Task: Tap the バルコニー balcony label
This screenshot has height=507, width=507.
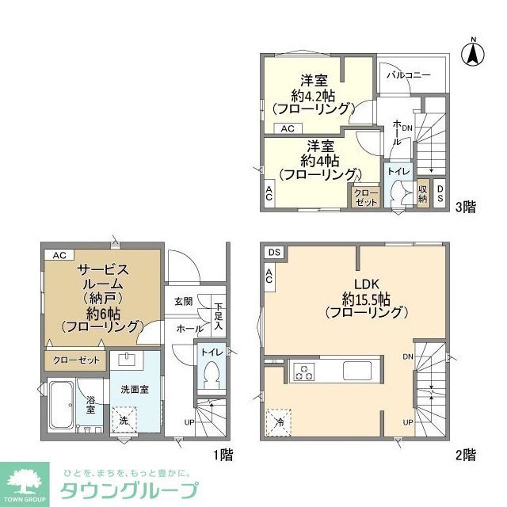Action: pyautogui.click(x=409, y=74)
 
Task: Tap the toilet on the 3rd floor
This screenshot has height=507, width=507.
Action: pyautogui.click(x=399, y=190)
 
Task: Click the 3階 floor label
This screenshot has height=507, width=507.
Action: pyautogui.click(x=465, y=208)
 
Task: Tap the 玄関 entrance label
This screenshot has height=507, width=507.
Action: pyautogui.click(x=184, y=301)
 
